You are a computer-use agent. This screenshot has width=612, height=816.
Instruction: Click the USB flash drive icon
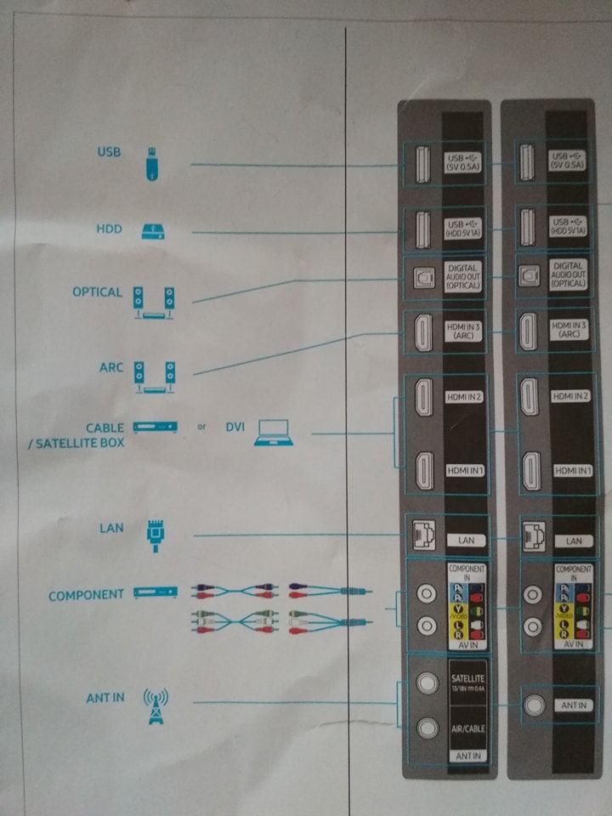150,164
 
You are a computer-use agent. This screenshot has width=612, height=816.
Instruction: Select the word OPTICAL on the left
98,292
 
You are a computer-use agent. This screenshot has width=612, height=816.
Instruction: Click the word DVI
235,428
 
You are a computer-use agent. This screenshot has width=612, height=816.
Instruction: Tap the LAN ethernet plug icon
154,536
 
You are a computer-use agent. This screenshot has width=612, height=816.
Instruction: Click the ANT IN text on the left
105,698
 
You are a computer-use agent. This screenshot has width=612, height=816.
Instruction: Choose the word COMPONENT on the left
86,595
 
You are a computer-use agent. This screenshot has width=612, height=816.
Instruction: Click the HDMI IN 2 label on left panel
463,397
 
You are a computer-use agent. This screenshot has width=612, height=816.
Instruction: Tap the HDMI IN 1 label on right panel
571,470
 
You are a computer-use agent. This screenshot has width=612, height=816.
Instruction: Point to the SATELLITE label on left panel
464,677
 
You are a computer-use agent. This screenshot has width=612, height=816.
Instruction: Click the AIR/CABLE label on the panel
464,728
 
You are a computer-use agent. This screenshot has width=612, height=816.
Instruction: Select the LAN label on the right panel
573,540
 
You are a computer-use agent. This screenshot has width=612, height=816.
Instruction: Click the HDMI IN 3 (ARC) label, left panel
463,330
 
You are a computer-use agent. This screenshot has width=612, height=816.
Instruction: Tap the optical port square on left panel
422,276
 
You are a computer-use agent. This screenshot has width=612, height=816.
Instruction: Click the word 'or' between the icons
201,427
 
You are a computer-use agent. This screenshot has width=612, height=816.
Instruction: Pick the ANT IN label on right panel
572,705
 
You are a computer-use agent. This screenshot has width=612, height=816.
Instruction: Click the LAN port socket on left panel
422,534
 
